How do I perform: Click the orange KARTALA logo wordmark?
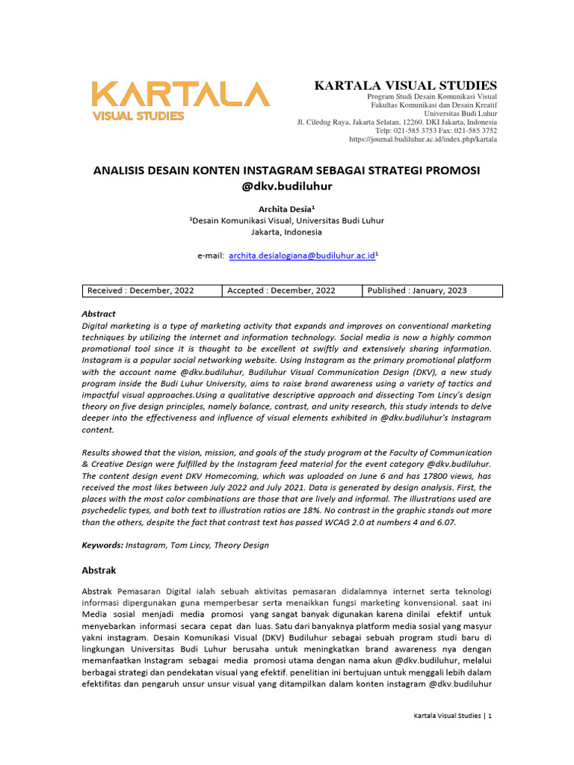coord(180,94)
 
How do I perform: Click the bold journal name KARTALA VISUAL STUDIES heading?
coord(406,86)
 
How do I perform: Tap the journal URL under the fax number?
coord(423,139)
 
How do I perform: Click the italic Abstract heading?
coord(99,314)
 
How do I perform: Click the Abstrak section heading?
coord(99,570)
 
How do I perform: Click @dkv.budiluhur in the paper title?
coord(286,186)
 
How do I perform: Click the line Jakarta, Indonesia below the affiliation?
coord(286,232)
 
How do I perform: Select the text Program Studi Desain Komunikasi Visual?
coord(432,98)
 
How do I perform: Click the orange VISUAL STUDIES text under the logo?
coord(138,116)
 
